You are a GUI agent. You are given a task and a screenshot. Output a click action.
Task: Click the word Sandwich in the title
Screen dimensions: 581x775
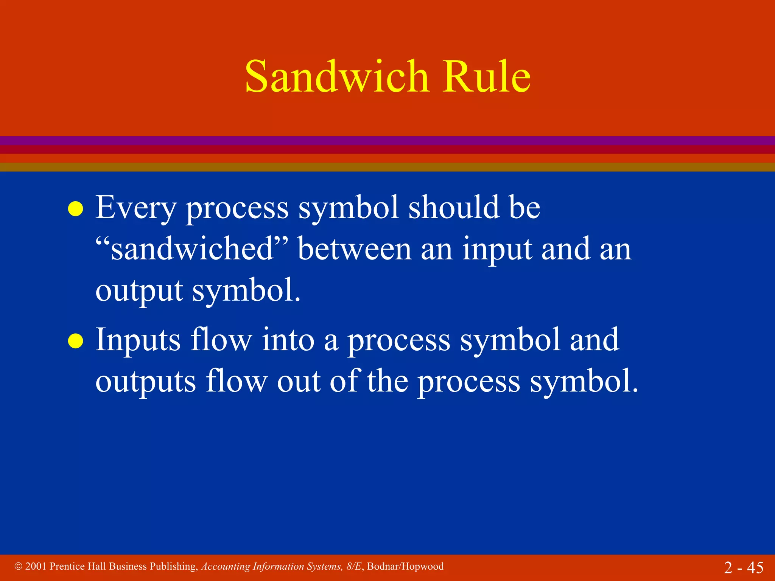(x=337, y=77)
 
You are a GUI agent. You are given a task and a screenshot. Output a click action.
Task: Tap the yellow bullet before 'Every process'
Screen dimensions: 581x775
(x=75, y=209)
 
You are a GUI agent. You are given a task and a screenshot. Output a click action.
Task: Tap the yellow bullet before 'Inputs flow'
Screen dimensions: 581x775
(x=75, y=340)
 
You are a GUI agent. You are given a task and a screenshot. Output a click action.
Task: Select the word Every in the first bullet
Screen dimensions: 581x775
(x=136, y=208)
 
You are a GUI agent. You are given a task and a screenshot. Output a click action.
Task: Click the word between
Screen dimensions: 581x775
(x=355, y=249)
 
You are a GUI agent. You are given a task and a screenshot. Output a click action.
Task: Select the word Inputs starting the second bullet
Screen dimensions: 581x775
(x=138, y=340)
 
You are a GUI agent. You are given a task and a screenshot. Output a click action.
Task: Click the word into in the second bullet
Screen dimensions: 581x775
(x=288, y=339)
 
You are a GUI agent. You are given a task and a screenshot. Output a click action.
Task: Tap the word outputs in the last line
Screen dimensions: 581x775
(x=145, y=382)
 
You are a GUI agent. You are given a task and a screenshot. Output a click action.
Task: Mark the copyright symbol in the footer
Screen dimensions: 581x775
(x=18, y=566)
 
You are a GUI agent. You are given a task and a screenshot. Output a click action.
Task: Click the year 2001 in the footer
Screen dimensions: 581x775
(x=36, y=566)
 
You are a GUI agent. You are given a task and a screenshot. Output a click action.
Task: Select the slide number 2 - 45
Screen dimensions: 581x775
(x=744, y=567)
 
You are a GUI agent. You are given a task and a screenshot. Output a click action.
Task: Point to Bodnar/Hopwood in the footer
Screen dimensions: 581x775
(x=405, y=566)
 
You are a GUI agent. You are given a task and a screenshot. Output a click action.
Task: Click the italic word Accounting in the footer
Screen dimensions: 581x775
(x=226, y=567)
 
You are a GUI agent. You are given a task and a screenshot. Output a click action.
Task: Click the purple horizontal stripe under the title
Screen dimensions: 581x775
(x=387, y=140)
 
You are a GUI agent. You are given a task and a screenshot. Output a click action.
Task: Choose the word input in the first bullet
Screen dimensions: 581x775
(x=497, y=250)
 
